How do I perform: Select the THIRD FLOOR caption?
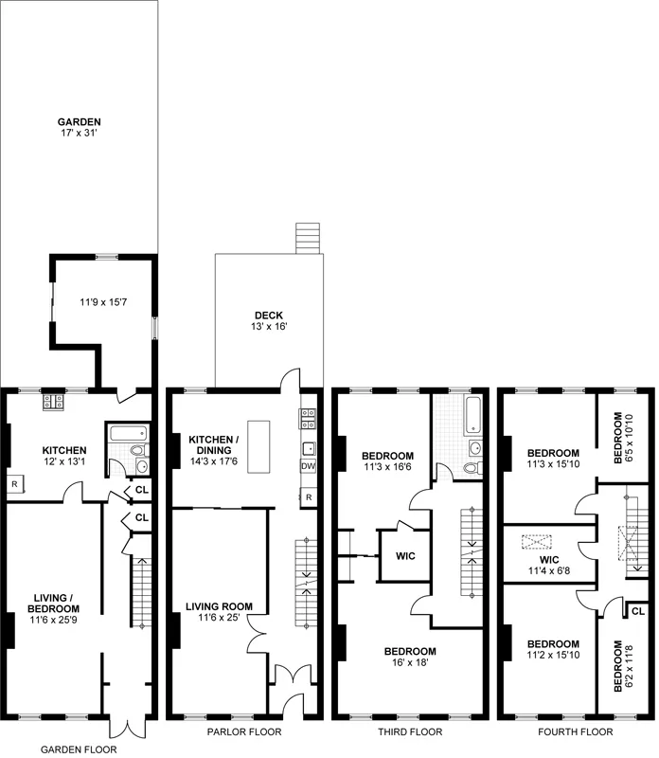[x=409, y=732]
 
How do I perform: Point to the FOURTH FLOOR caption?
[x=576, y=732]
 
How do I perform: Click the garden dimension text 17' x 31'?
[x=80, y=135]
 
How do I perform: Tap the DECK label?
[x=270, y=316]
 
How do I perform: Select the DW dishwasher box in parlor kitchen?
[x=309, y=466]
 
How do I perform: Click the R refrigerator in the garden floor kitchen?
[x=15, y=485]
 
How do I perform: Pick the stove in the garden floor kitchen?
[x=52, y=402]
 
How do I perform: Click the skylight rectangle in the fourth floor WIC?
[x=537, y=543]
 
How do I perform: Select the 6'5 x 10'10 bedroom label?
[x=621, y=437]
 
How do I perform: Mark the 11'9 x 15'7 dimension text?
[x=103, y=305]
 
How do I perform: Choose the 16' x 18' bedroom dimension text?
[x=409, y=663]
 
